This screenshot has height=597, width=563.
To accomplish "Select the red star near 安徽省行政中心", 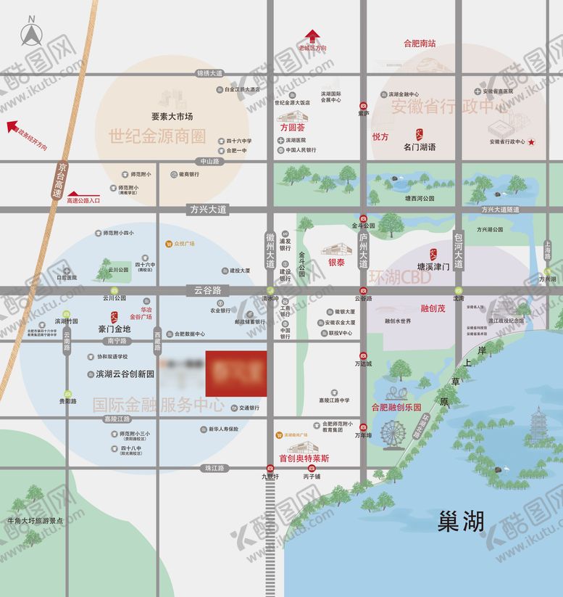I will pyautogui.click(x=532, y=142).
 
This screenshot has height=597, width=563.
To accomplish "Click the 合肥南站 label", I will pyautogui.click(x=420, y=44).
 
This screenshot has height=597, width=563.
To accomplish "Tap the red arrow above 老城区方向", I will pyautogui.click(x=312, y=36).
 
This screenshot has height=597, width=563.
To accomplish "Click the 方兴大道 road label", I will pyautogui.click(x=209, y=209).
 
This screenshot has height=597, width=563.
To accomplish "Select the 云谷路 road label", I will pyautogui.click(x=207, y=289).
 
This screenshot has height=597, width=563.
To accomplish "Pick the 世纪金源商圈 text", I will pyautogui.click(x=157, y=136).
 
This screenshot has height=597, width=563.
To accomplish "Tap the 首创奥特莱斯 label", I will pyautogui.click(x=304, y=458).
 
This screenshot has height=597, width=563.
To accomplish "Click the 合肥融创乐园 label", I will pyautogui.click(x=396, y=408).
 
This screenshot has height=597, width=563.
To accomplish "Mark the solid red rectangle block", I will pyautogui.click(x=236, y=374).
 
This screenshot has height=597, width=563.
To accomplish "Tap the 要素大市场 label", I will pyautogui.click(x=172, y=116).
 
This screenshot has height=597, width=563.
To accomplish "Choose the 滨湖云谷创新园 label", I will pyautogui.click(x=125, y=374).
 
